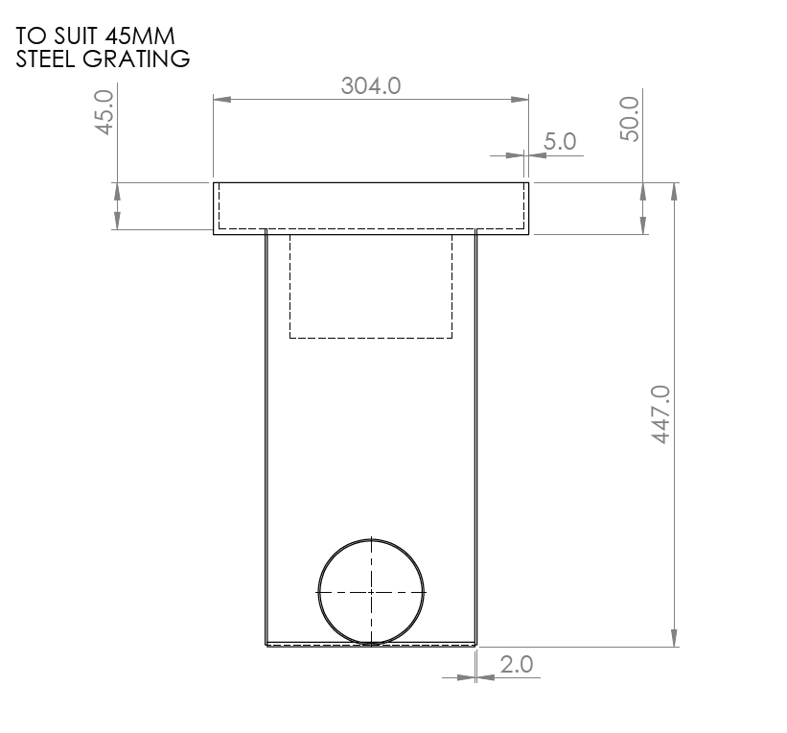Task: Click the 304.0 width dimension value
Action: point(370,85)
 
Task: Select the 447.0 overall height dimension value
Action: point(660,414)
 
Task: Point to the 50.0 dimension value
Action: point(630,118)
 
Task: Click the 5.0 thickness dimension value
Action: point(559,142)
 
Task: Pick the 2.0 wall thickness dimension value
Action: point(516,664)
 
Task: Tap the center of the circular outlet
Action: point(371,591)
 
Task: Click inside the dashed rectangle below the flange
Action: point(371,288)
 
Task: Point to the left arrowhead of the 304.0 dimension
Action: point(218,98)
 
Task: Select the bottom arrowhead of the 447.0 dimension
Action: point(676,640)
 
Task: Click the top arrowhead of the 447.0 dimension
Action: point(676,188)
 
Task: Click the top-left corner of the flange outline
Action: point(213,181)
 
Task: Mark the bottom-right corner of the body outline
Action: point(476,646)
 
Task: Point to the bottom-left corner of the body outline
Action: point(265,646)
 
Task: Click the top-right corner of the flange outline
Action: point(529,181)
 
